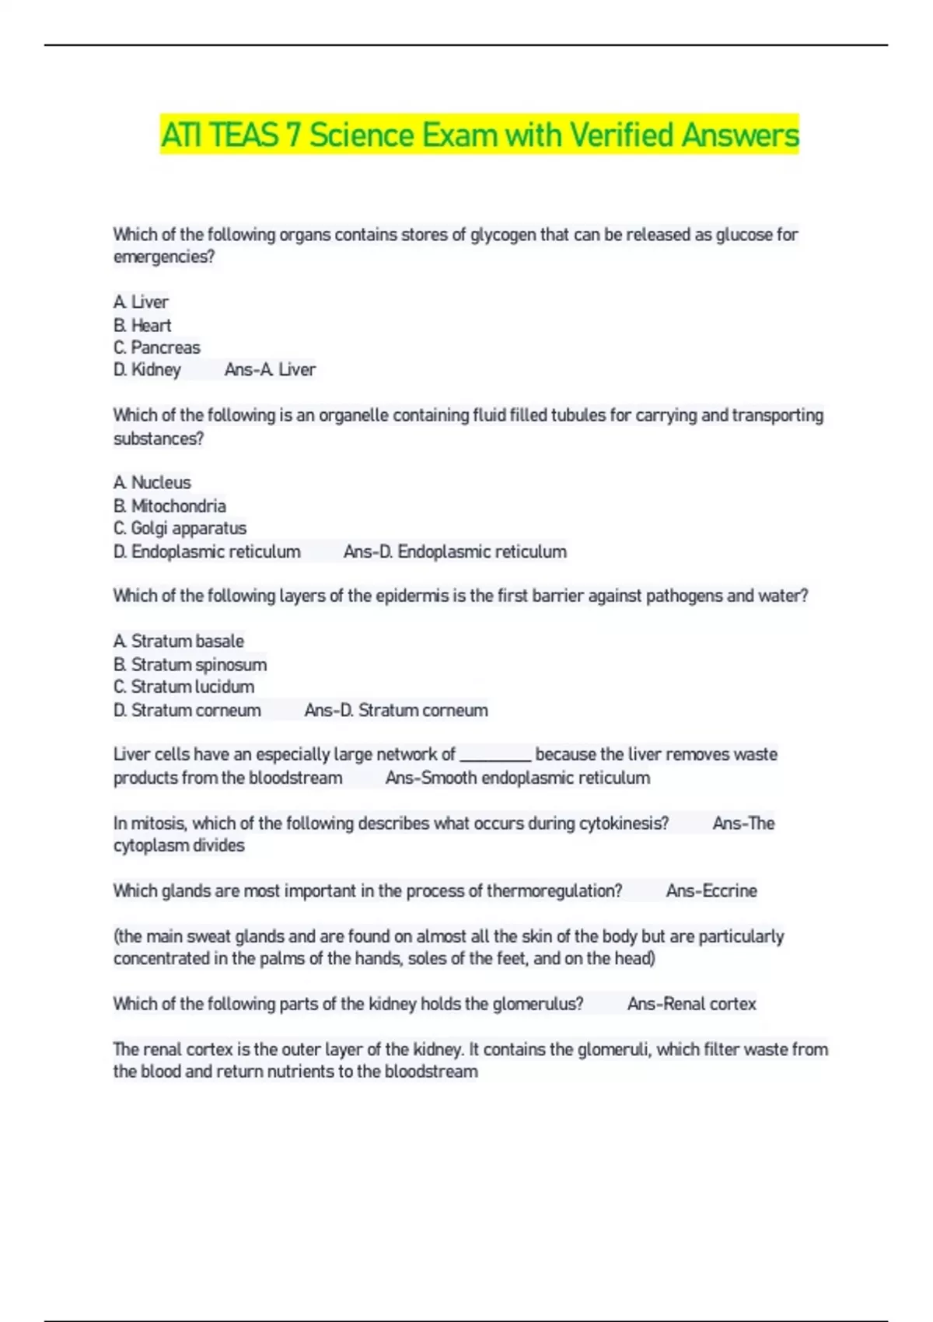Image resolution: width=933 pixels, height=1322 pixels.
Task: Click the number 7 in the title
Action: tap(292, 135)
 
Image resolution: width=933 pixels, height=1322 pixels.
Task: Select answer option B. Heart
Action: tap(142, 325)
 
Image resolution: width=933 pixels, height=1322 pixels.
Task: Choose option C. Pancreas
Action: tap(156, 348)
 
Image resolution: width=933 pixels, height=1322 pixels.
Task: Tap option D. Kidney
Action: tap(147, 370)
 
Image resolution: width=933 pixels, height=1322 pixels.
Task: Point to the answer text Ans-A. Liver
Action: tap(270, 370)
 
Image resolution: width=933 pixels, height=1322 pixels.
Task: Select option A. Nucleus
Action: tap(152, 483)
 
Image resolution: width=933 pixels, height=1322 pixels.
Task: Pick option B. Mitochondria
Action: tap(169, 506)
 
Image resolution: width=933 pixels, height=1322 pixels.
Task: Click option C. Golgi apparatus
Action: tap(180, 529)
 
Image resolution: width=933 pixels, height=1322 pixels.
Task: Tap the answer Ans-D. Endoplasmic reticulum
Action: tap(455, 552)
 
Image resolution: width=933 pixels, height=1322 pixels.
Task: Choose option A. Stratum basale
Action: tap(178, 642)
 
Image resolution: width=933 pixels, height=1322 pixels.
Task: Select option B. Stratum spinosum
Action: tap(190, 665)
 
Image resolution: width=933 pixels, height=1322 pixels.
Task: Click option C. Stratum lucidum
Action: tap(183, 687)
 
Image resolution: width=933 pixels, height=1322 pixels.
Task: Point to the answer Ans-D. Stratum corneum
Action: tap(396, 711)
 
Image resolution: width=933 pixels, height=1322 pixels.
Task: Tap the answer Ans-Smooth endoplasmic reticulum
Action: tap(517, 778)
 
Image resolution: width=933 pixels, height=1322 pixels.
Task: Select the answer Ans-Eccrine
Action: tap(711, 891)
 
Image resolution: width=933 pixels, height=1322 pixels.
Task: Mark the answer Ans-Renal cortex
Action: tap(691, 1004)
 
